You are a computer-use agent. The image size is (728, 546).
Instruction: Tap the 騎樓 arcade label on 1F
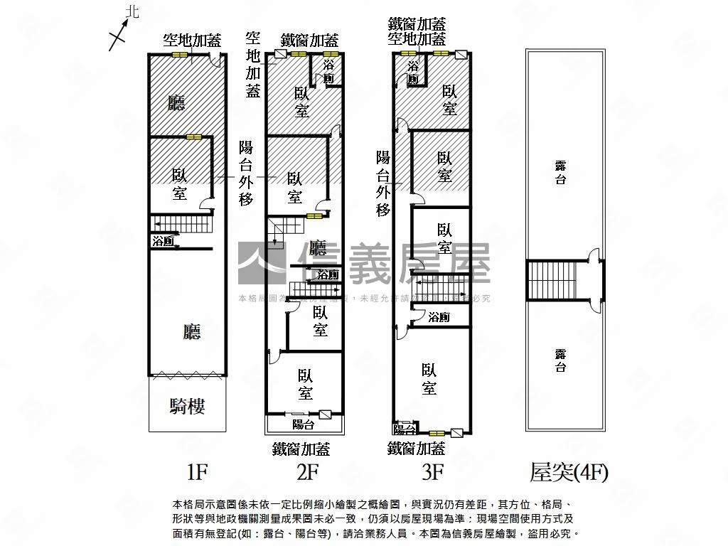[188, 407]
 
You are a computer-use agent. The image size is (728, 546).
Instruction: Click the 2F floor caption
[307, 471]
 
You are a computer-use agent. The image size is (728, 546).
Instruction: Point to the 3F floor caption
[432, 471]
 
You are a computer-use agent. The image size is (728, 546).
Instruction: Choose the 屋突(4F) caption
[569, 471]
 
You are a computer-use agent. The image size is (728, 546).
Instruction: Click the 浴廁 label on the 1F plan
[164, 242]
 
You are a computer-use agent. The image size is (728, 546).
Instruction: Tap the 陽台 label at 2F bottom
[304, 424]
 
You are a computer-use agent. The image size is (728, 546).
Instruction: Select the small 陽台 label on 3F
[405, 429]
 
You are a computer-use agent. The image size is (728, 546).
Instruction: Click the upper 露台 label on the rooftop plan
[561, 173]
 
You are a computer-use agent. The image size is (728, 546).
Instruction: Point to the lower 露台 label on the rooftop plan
[561, 360]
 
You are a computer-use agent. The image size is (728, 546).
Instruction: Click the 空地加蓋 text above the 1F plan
[191, 40]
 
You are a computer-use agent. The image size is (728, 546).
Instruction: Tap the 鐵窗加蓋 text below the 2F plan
[301, 449]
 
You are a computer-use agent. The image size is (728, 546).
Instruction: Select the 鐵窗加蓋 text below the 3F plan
[416, 449]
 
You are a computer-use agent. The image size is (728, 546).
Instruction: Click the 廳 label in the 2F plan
[318, 248]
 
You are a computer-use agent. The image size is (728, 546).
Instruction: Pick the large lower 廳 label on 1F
[191, 331]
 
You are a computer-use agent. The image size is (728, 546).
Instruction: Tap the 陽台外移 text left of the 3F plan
[383, 183]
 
